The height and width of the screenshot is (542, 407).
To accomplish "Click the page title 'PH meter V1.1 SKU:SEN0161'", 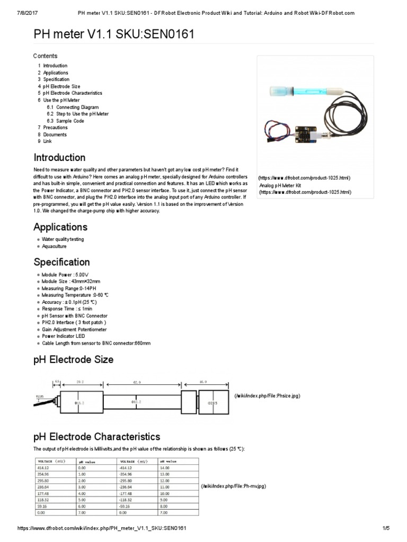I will tap(114, 35).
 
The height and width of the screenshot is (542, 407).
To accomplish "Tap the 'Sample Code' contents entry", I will tap(70, 121).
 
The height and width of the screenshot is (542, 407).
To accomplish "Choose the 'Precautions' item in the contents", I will tap(55, 128).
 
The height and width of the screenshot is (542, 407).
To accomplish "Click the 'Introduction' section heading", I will tap(59, 158).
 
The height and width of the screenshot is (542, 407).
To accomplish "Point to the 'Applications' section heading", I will tap(60, 227).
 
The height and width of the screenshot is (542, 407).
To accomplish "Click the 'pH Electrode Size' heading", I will tap(73, 360).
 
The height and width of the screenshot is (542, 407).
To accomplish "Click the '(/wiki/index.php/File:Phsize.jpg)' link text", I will tap(267, 396).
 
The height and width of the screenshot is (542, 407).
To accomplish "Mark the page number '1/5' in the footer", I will tap(385, 529).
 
